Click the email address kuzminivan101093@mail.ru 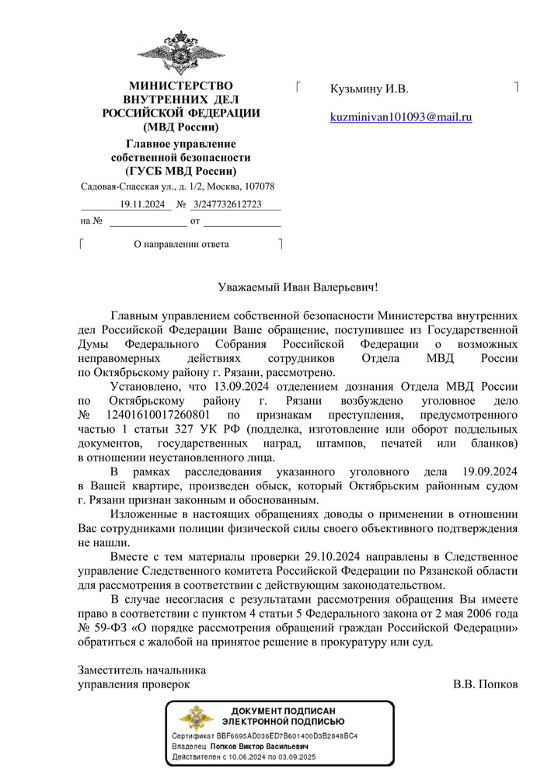tap(401, 117)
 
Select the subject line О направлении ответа tap(181, 244)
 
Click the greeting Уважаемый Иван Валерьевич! tap(298, 287)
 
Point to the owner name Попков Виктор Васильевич tap(267, 745)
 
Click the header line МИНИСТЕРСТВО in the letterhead tap(180, 85)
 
